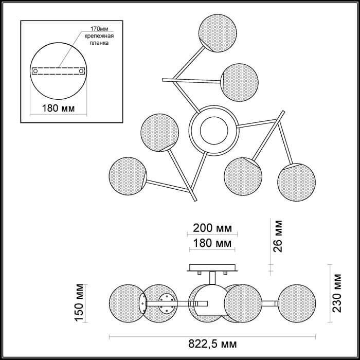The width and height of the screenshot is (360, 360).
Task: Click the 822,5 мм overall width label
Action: pos(212,344)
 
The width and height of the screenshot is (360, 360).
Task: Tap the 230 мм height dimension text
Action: pos(337,293)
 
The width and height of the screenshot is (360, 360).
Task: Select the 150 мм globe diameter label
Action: pos(79,303)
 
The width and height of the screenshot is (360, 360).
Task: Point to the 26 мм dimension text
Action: pos(278,236)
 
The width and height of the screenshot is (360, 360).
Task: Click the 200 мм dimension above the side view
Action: pos(212,228)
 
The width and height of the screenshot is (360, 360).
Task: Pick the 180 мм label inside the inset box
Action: pos(58,108)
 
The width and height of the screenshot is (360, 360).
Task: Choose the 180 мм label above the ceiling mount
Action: pos(212,243)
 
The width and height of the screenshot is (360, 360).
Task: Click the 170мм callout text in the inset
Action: pos(99,29)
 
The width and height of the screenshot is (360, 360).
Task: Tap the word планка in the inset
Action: pos(99,43)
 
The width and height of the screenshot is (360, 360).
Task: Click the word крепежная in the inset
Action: pos(99,36)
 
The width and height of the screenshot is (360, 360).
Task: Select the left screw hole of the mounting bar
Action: pos(35,71)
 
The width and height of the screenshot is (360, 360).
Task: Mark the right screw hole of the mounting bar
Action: pos(81,71)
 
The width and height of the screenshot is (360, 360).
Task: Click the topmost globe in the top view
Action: pos(218,33)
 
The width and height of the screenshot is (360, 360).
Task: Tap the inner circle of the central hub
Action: pos(214,131)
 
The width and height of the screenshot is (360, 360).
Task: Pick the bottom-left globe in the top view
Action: pos(128,176)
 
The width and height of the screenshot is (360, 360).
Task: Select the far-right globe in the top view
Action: pos(296,182)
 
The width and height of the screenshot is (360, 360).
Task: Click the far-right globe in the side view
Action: pos(297,303)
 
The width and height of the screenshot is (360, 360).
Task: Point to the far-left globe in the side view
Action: pos(128,303)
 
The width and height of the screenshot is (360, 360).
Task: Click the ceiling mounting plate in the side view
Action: pos(212,268)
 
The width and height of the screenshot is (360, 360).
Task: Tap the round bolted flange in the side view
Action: pos(167,303)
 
